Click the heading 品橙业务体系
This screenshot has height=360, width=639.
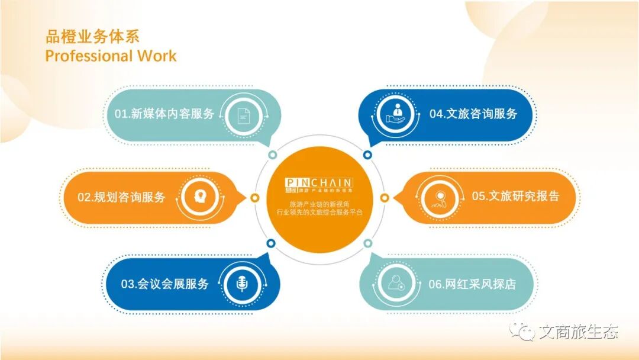(x=92, y=37)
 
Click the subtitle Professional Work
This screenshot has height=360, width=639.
(x=111, y=56)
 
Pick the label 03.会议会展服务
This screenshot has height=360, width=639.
(x=165, y=284)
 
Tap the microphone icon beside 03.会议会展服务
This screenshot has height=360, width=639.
(x=241, y=284)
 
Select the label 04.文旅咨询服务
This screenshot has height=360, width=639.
(x=473, y=114)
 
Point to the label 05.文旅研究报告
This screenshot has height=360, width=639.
(x=515, y=197)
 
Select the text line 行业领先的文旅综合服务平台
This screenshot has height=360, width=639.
(x=319, y=211)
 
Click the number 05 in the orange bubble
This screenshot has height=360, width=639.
(x=478, y=197)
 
